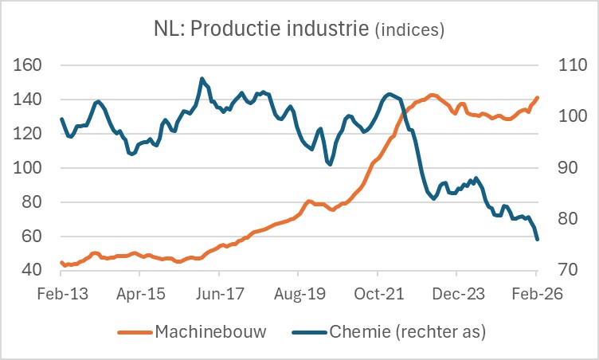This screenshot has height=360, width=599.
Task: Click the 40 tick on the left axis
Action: [32, 271]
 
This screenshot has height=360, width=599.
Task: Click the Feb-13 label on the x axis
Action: [61, 292]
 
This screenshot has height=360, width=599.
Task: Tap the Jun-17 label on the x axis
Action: [218, 292]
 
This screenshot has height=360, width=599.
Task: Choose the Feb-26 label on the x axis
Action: [536, 292]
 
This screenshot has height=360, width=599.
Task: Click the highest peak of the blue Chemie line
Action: [202, 78]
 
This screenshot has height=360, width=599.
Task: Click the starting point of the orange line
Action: [61, 262]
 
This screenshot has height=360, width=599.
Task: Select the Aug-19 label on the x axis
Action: [298, 292]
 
